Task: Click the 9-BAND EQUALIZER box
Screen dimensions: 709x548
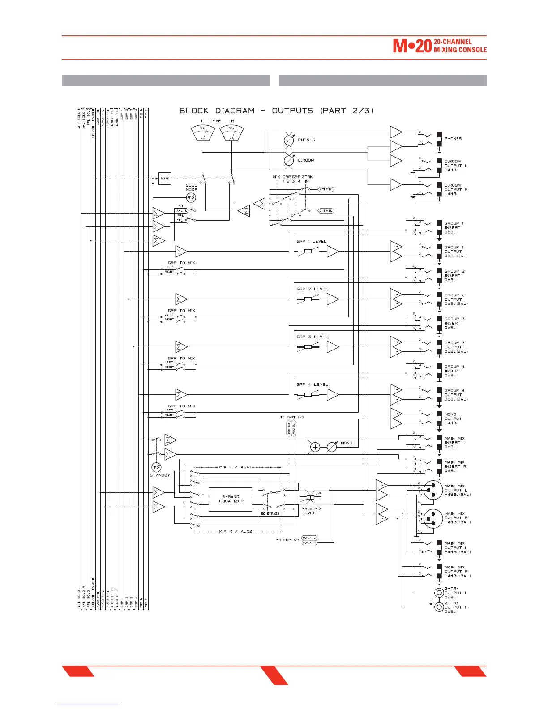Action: pos(230,499)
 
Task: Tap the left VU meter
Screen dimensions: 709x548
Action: pos(203,132)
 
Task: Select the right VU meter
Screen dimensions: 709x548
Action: pos(231,132)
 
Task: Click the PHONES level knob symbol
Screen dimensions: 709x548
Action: pos(289,140)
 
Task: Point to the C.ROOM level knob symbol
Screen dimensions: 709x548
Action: pos(289,160)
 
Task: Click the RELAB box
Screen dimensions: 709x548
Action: pos(165,179)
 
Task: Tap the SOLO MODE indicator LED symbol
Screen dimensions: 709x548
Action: pos(191,197)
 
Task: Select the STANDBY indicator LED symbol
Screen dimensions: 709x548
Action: pos(156,467)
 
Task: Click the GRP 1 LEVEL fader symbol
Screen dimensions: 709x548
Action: pos(308,252)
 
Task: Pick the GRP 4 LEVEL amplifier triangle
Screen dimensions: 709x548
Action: pos(333,395)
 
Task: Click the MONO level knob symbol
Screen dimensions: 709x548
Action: pos(332,447)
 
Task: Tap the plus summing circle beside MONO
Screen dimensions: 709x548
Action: pos(315,447)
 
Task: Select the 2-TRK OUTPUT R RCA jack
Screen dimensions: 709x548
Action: pos(439,607)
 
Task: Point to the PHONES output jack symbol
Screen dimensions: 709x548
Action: pos(439,139)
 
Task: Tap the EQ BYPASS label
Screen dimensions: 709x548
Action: pos(270,513)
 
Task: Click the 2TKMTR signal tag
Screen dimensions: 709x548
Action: pos(326,189)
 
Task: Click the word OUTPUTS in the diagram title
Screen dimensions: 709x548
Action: pos(292,111)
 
